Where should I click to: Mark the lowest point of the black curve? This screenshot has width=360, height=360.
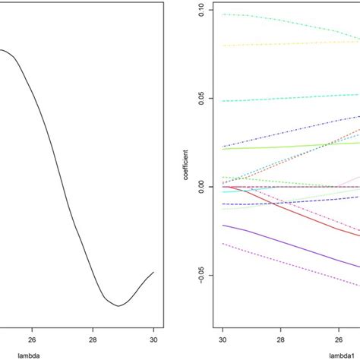(118, 305)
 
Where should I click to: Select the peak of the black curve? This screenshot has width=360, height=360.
(3, 51)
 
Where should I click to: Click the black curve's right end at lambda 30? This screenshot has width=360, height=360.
(153, 272)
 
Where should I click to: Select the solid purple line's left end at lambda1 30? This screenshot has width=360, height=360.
(223, 225)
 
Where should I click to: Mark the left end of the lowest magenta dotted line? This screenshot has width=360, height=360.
(223, 244)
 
